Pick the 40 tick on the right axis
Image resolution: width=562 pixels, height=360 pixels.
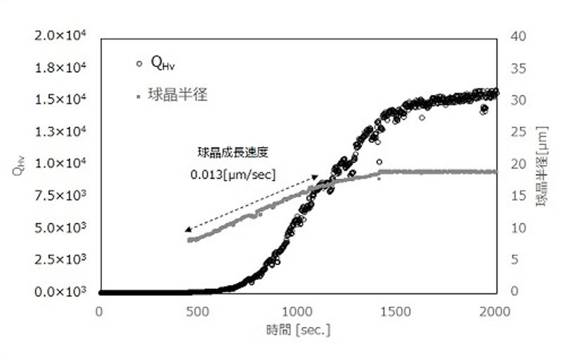tap(516, 35)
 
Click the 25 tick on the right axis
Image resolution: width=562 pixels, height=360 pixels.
tap(516, 131)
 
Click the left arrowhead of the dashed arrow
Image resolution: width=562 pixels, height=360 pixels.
tap(188, 229)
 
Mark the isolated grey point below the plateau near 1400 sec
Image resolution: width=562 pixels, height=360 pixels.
tap(379, 179)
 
